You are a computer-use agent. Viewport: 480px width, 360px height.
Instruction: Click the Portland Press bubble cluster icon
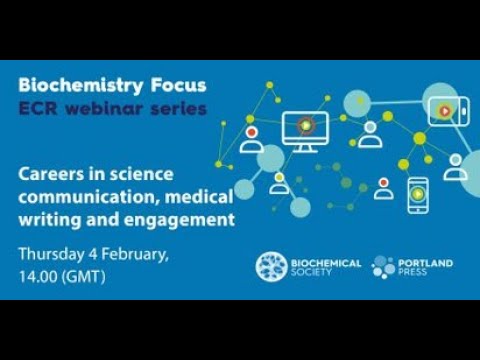(x=383, y=266)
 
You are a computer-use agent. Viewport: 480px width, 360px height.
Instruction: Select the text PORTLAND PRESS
(x=426, y=266)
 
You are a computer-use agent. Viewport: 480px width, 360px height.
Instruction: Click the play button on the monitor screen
(x=305, y=125)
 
